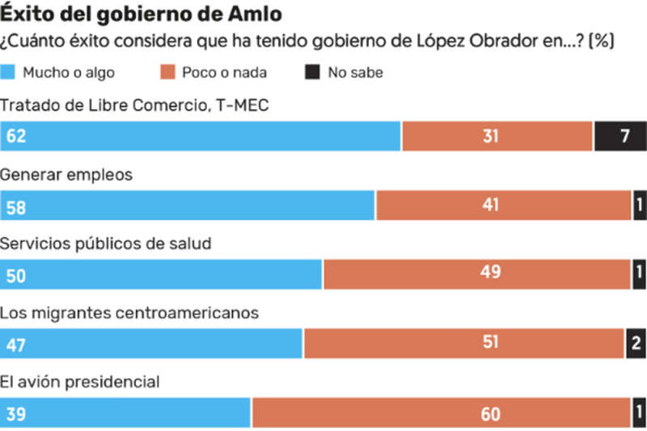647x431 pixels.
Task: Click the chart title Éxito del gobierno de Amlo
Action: pyautogui.click(x=141, y=14)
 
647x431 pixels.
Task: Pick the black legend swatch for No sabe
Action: pyautogui.click(x=311, y=72)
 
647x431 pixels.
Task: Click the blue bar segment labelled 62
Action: pyautogui.click(x=201, y=136)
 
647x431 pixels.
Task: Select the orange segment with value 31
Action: pyautogui.click(x=497, y=136)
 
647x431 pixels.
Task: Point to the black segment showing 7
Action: pyautogui.click(x=620, y=136)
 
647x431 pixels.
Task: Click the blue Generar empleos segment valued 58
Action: pyautogui.click(x=188, y=206)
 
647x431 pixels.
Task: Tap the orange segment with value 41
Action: pyautogui.click(x=503, y=206)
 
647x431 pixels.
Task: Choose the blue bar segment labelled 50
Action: pyautogui.click(x=162, y=275)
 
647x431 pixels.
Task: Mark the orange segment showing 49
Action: pyautogui.click(x=476, y=275)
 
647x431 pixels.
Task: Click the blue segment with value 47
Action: pyautogui.click(x=152, y=344)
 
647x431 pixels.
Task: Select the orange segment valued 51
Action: pyautogui.click(x=464, y=344)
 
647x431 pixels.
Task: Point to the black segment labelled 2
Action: pyautogui.click(x=636, y=344)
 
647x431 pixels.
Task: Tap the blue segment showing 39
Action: pyautogui.click(x=126, y=413)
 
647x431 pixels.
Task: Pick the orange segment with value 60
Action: pyautogui.click(x=442, y=413)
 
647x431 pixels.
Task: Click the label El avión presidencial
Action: pyautogui.click(x=79, y=381)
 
